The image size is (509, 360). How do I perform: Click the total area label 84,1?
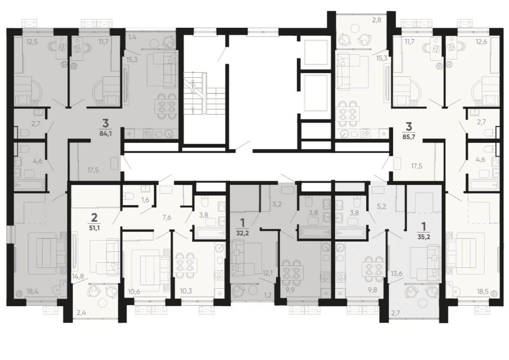coord(106,133)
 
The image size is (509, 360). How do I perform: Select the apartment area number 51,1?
coord(94,227)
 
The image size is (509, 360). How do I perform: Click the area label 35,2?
coord(423,237)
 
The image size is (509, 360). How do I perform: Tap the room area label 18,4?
coord(33,292)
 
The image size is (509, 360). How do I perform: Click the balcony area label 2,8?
coord(376,20)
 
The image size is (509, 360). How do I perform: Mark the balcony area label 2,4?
coord(82,313)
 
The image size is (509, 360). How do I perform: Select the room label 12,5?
coord(32,42)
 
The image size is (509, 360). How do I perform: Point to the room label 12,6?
coord(482,42)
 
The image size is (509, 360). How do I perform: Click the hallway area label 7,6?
coord(167,218)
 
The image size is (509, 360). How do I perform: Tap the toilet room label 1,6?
coord(145,200)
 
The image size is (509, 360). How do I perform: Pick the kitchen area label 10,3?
coord(186,291)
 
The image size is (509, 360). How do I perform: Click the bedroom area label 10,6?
coord(134,292)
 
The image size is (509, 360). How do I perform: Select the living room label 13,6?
coord(396,274)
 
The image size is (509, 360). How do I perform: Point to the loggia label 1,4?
coord(132,37)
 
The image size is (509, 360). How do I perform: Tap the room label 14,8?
coord(78,276)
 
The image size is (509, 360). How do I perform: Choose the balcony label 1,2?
coord(267,296)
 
